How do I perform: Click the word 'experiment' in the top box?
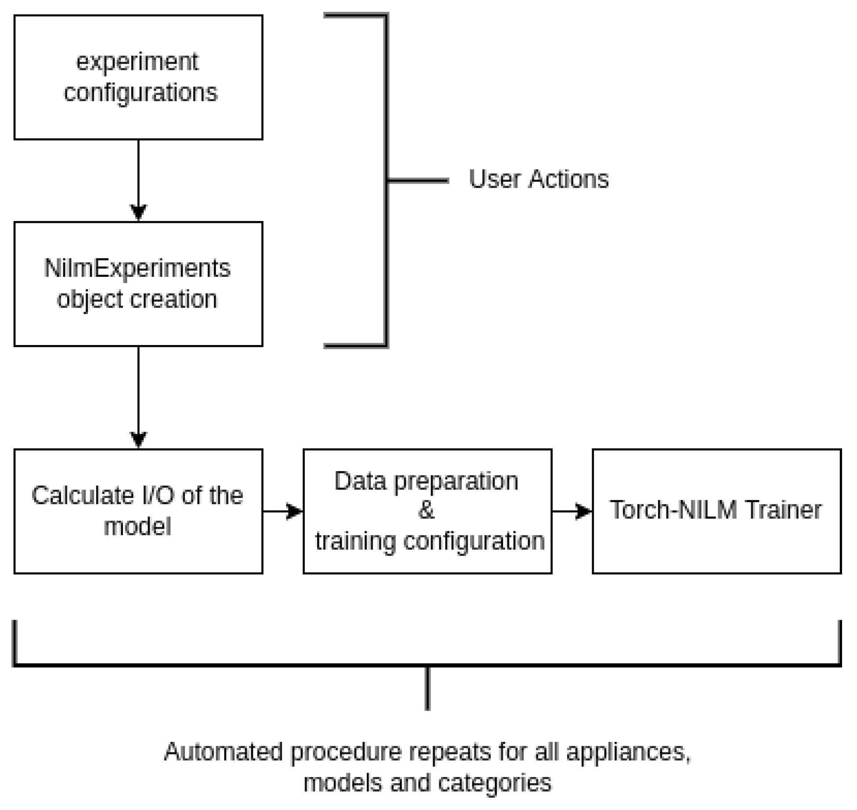[x=137, y=62]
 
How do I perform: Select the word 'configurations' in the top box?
[x=141, y=93]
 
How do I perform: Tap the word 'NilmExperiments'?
[x=137, y=268]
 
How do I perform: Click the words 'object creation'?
[x=137, y=299]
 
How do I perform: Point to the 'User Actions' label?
[x=539, y=179]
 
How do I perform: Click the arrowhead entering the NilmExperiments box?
[x=138, y=212]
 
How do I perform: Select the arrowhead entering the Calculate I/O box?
[x=138, y=439]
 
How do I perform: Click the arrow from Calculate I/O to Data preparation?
[x=283, y=511]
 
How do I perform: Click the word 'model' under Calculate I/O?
[x=137, y=527]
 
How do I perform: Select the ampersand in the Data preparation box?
[x=426, y=510]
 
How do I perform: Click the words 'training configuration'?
[x=430, y=541]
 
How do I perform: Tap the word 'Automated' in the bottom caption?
[x=223, y=752]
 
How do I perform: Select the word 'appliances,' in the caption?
[x=628, y=752]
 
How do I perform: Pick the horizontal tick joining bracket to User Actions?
[x=417, y=180]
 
